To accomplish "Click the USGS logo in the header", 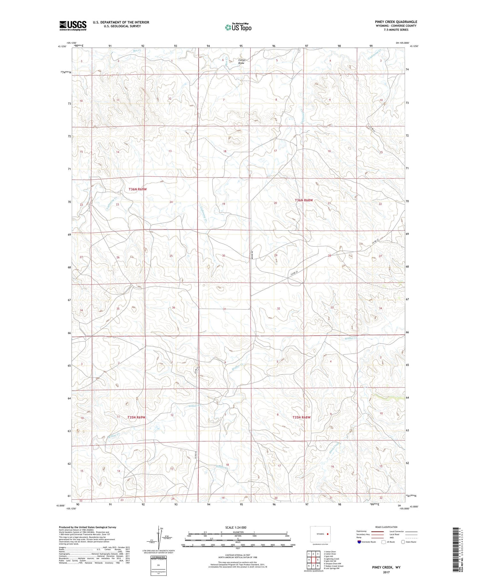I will pyautogui.click(x=73, y=26).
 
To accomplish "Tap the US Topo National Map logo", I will pyautogui.click(x=238, y=27).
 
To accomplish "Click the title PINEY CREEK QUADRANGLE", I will pyautogui.click(x=396, y=22).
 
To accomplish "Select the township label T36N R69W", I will pyautogui.click(x=138, y=189).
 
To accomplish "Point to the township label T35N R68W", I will pyautogui.click(x=301, y=417).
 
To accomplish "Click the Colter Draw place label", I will pyautogui.click(x=241, y=61).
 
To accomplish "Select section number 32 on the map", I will pyautogui.click(x=278, y=309).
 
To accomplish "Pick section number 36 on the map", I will pyautogui.click(x=173, y=308).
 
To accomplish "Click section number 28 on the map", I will pyautogui.click(x=329, y=256).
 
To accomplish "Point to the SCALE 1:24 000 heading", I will pyautogui.click(x=236, y=527).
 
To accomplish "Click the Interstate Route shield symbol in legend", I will pyautogui.click(x=359, y=542).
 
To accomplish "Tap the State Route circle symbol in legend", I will pyautogui.click(x=403, y=542).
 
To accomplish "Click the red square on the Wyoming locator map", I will pyautogui.click(x=328, y=534).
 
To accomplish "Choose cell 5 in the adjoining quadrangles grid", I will pyautogui.click(x=318, y=560).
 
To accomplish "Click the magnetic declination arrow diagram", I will pyautogui.click(x=159, y=537).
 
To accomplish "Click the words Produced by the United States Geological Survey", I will pyautogui.click(x=87, y=527).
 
